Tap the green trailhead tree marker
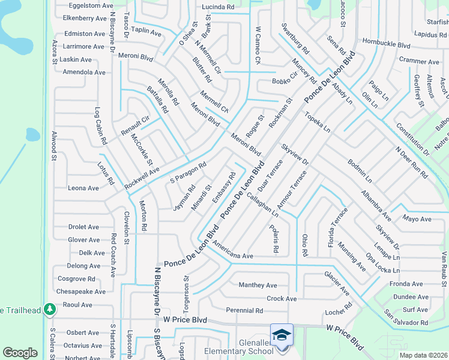point(51,310)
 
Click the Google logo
point(20,353)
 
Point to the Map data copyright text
point(423,355)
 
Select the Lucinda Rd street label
point(218,7)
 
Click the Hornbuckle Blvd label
point(386,44)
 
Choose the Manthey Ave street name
point(258,285)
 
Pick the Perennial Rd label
point(244,310)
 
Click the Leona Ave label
point(83,188)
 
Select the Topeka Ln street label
point(317,122)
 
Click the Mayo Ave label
point(417,219)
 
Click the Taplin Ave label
point(147,32)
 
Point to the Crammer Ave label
point(419,61)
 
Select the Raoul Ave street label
point(78,305)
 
